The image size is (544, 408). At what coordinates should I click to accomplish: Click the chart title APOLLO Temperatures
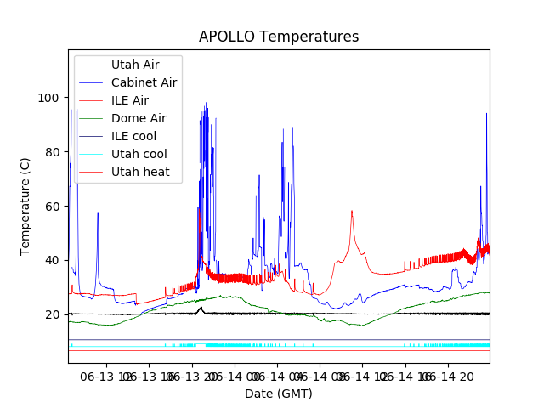(x=279, y=37)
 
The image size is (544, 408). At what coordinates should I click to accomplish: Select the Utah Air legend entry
(x=134, y=65)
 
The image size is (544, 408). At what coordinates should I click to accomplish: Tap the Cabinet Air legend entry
(x=144, y=82)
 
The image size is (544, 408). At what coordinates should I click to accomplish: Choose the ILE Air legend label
(x=129, y=100)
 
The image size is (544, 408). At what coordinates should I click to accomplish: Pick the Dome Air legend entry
(x=139, y=118)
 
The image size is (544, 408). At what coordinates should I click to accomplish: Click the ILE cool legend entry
(x=133, y=136)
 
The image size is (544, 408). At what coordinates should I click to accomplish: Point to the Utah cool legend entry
(x=139, y=154)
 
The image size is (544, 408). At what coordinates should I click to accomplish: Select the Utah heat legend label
(x=140, y=172)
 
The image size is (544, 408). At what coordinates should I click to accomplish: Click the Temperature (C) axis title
(x=25, y=207)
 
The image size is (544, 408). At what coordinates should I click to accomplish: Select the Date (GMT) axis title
(x=279, y=394)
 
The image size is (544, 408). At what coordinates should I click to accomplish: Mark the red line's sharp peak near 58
(x=352, y=212)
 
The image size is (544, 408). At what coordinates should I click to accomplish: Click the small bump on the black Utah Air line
(x=200, y=309)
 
